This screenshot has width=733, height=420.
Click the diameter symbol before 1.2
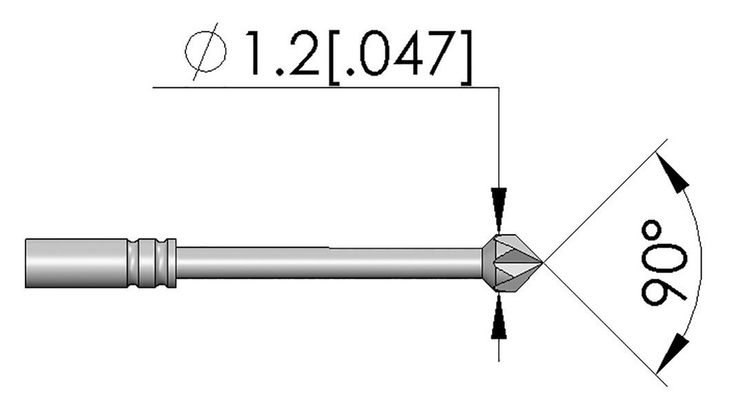pyautogui.click(x=205, y=54)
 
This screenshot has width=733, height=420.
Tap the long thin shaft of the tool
pyautogui.click(x=329, y=263)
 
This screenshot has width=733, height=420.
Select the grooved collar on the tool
pyautogui.click(x=152, y=263)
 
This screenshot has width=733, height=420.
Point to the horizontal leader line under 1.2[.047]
pyautogui.click(x=322, y=87)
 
